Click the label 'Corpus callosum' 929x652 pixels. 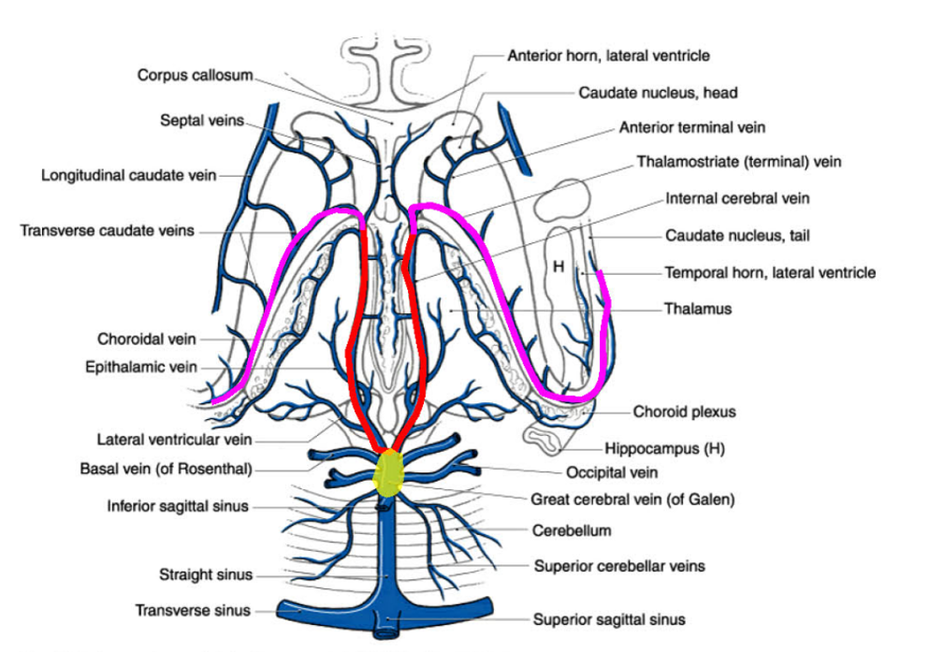[x=195, y=75]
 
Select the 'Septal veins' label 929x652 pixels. [x=201, y=121]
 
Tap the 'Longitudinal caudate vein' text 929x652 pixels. [x=129, y=175]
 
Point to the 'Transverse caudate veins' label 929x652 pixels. [x=108, y=230]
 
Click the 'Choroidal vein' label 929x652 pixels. [x=147, y=339]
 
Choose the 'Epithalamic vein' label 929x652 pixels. [x=141, y=368]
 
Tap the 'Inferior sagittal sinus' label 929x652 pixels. [x=178, y=507]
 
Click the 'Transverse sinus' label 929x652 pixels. [x=193, y=611]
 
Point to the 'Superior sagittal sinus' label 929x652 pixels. [x=609, y=619]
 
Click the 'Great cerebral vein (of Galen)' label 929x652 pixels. [x=632, y=500]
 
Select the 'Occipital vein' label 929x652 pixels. [x=612, y=472]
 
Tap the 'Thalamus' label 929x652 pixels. [x=698, y=308]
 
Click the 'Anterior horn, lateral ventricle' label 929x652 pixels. [x=608, y=55]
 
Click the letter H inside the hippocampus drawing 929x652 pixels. [x=559, y=267]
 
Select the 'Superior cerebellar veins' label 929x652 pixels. [x=619, y=566]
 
